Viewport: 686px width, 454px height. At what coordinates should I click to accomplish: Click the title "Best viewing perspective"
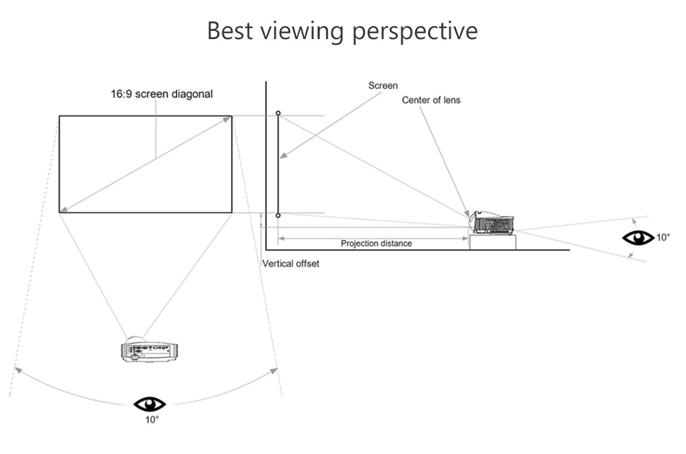point(342,32)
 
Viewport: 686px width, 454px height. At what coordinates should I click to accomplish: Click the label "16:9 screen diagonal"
point(161,94)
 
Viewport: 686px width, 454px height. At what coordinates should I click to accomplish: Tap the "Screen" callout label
point(383,86)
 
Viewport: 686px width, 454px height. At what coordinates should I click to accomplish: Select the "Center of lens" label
point(431,100)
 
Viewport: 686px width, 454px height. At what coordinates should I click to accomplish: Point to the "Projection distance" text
point(376,243)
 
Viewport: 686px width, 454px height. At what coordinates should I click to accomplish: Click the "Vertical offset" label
point(291,264)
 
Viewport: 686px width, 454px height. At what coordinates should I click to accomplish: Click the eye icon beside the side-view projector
point(638,238)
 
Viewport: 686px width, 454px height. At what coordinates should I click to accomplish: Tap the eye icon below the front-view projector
point(150,404)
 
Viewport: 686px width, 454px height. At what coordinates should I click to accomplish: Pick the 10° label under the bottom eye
point(152,420)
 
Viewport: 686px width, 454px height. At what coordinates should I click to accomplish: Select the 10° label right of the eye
point(663,237)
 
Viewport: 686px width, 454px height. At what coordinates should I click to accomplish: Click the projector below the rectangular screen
point(149,349)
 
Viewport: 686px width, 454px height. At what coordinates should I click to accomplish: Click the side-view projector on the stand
point(491,223)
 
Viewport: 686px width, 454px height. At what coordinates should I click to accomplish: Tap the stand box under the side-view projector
point(493,242)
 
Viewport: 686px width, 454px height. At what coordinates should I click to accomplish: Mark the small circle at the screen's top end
point(279,113)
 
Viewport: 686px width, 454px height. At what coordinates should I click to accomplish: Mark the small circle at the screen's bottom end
point(279,215)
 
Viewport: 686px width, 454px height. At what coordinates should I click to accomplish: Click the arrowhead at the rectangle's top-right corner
point(228,119)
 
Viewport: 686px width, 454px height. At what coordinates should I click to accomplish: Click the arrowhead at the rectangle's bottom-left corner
point(63,209)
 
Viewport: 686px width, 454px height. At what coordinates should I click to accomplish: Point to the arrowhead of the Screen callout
point(283,155)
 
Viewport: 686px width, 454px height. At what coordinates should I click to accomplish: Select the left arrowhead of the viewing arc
point(18,370)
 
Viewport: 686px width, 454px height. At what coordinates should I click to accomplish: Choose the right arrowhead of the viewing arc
point(274,371)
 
